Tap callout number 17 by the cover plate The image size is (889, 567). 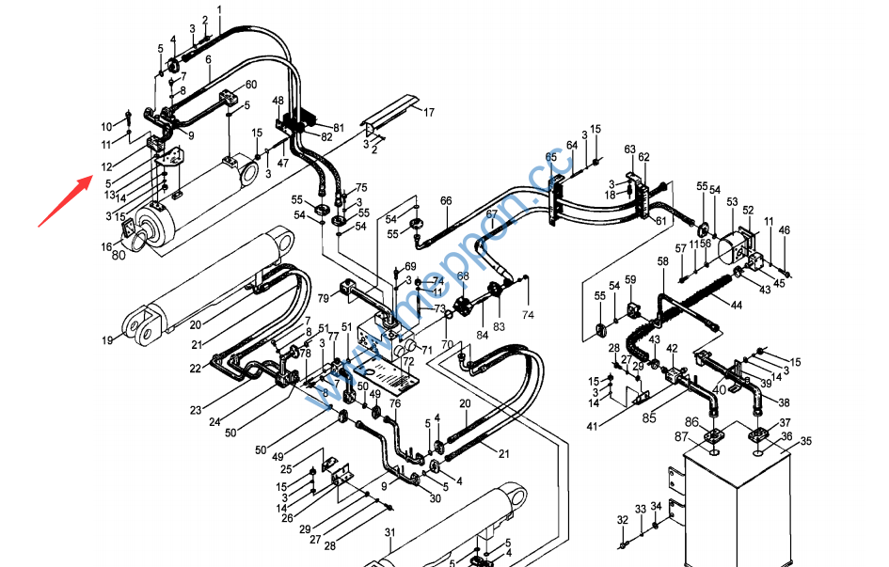429,113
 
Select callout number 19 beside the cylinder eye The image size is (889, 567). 108,339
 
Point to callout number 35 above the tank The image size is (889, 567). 805,441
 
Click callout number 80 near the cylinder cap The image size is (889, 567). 118,254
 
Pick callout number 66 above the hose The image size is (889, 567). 446,200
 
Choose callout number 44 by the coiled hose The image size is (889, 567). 737,306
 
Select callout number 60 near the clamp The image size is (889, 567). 250,85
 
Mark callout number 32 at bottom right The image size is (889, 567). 622,520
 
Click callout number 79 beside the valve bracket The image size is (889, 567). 323,299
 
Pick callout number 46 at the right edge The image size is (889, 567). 785,230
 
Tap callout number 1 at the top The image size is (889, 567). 219,8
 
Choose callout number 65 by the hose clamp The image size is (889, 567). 550,157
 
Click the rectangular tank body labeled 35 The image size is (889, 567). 738,508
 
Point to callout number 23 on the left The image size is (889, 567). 196,410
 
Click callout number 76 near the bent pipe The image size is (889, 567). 395,403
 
